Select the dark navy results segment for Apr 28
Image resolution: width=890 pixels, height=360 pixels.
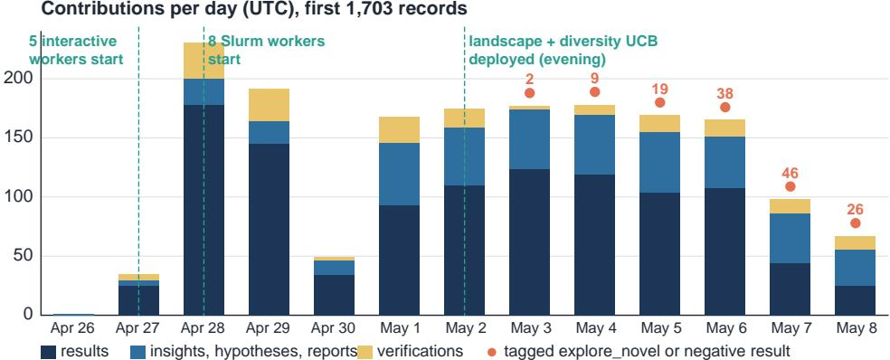[204, 210]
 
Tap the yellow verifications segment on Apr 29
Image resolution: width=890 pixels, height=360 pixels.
[269, 105]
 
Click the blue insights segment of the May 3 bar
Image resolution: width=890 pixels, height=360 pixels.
[530, 139]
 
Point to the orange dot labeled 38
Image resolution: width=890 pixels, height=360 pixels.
[724, 108]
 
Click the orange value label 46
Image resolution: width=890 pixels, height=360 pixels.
[790, 172]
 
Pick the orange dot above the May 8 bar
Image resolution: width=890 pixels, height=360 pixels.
[856, 223]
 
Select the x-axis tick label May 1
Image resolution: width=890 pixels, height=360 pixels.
[399, 328]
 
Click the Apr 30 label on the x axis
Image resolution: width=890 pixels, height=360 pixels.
[334, 328]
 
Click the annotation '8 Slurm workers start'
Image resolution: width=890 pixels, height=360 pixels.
[266, 50]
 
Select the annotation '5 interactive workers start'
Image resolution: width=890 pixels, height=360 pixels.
[76, 50]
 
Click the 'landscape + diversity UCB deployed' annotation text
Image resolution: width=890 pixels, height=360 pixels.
[563, 50]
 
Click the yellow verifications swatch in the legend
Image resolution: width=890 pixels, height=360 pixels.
[366, 352]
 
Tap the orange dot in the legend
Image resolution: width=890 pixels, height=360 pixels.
[491, 352]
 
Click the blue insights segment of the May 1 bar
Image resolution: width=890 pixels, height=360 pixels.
[399, 175]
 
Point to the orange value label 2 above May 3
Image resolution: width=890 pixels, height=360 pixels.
[530, 79]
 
